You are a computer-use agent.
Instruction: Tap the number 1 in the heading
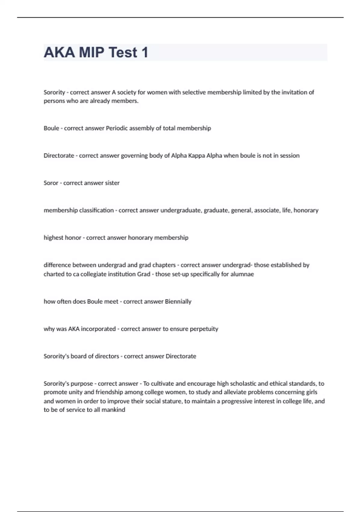point(145,52)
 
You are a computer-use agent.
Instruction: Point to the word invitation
point(295,92)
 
